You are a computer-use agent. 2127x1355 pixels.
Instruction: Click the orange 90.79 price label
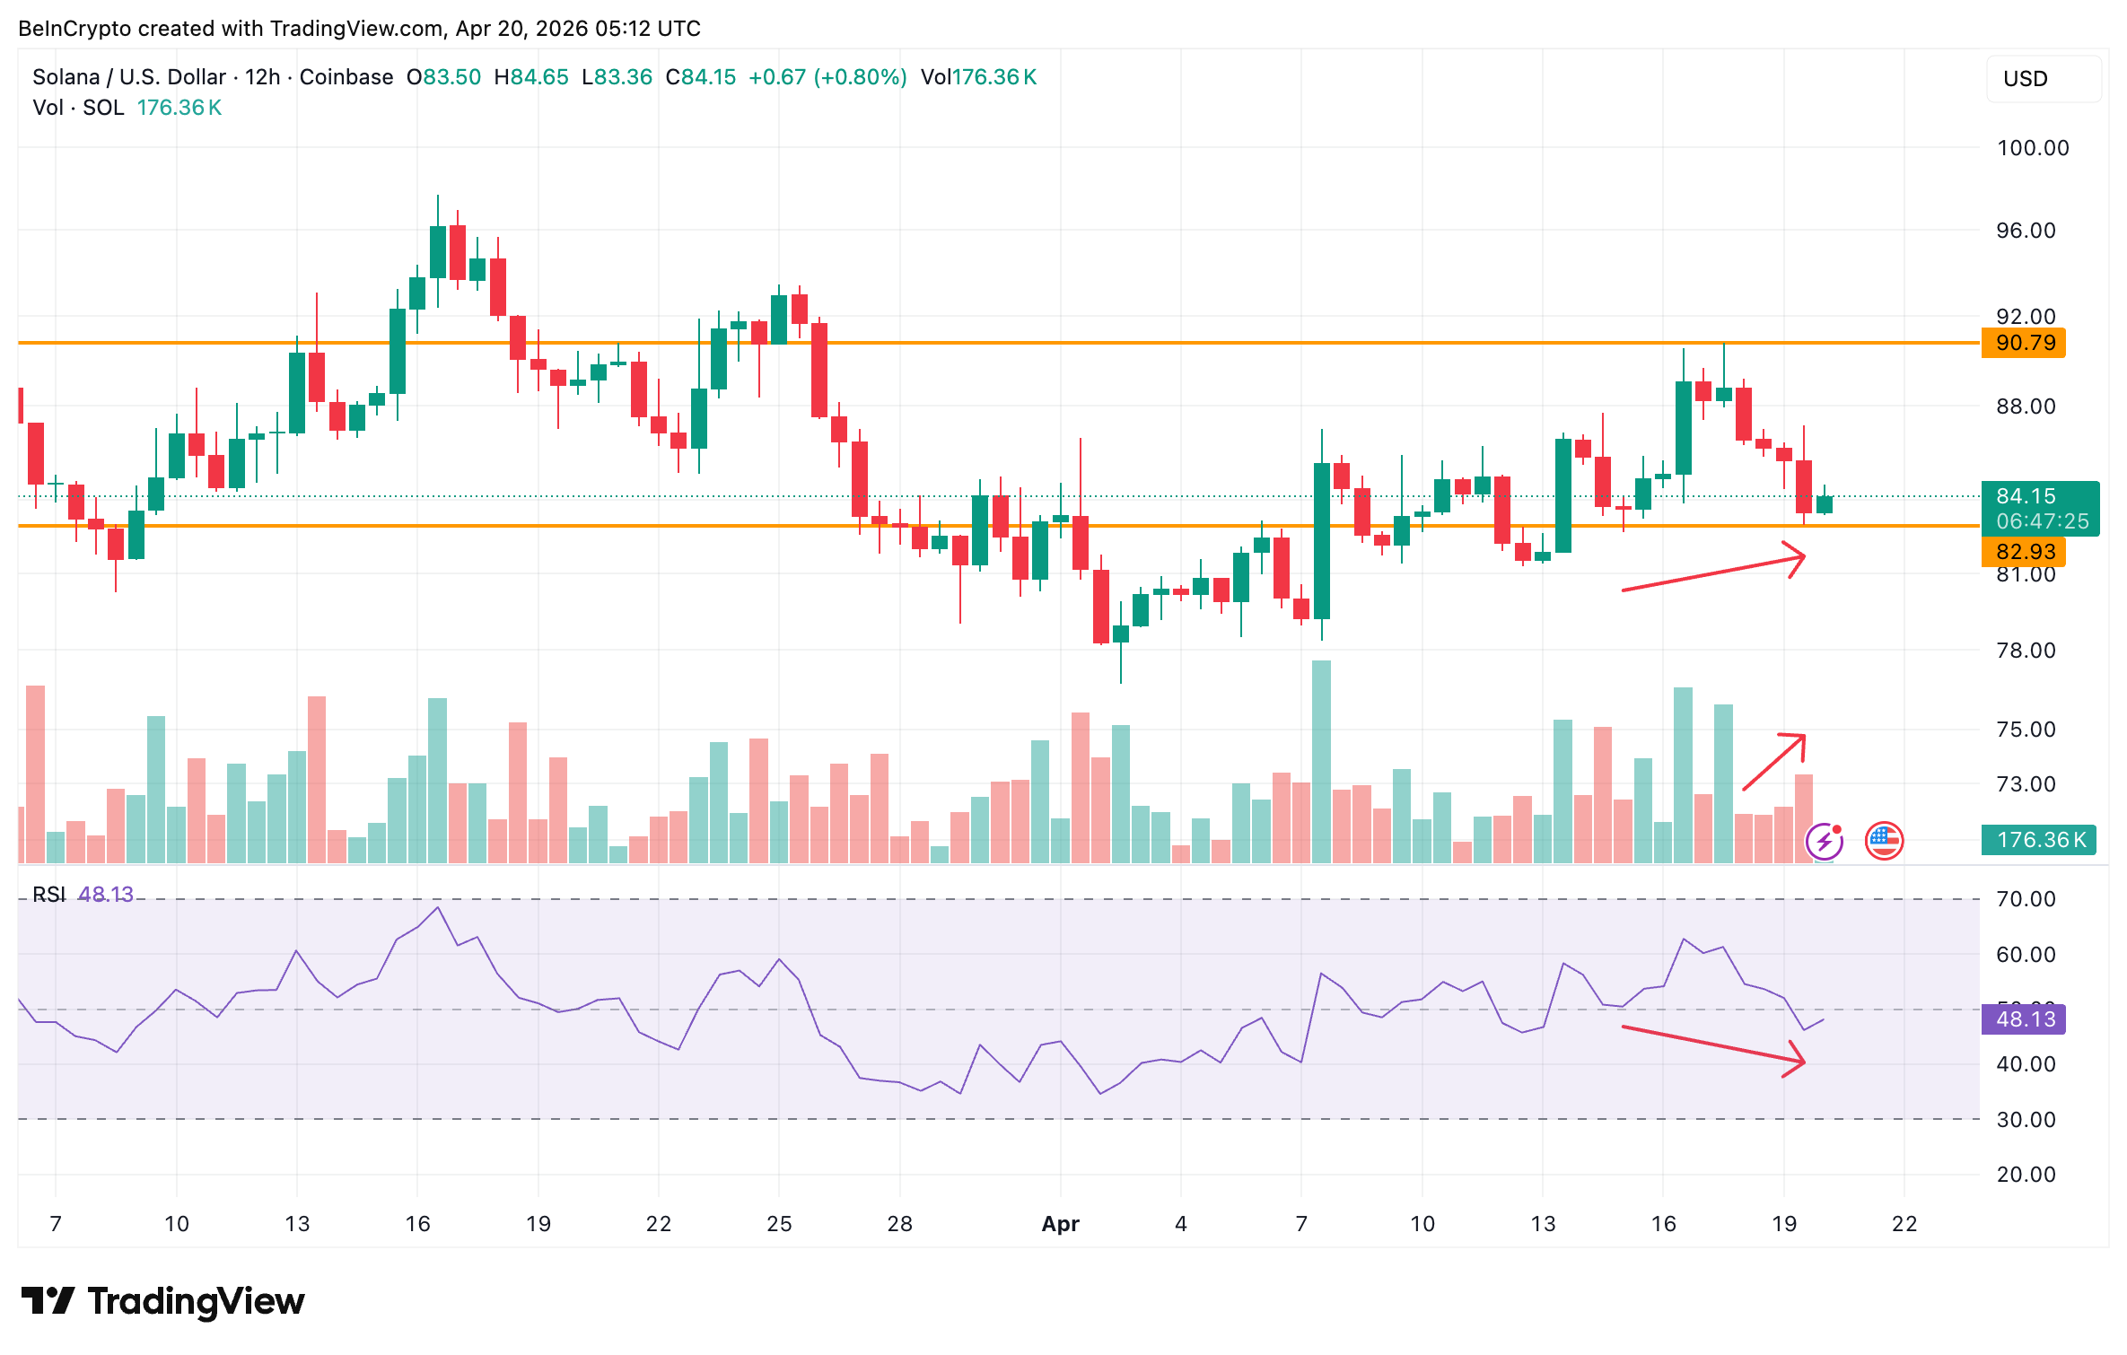[2024, 343]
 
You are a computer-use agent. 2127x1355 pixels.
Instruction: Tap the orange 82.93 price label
[2024, 551]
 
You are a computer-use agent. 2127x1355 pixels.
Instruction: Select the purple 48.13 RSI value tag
[2024, 1019]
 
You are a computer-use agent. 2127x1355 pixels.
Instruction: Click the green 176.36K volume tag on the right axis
[2039, 840]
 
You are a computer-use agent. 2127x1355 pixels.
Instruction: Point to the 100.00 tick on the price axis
[2032, 148]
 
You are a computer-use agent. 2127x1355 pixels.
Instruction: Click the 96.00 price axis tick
[2025, 231]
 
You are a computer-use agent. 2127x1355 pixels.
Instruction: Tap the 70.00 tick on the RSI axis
[2025, 899]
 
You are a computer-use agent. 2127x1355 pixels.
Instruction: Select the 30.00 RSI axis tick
[2025, 1120]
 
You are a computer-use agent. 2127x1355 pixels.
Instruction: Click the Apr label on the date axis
[1060, 1224]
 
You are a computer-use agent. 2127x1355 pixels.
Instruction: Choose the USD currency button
[2025, 79]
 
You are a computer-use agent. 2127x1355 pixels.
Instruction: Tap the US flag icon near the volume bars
[1884, 841]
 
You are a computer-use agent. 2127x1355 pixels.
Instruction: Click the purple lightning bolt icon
[1824, 842]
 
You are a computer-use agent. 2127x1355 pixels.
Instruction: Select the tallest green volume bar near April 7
[1321, 763]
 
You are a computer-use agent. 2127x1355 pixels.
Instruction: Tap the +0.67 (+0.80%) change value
[827, 77]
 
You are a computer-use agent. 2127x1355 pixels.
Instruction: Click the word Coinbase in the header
[346, 77]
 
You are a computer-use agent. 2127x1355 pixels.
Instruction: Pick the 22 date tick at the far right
[1904, 1224]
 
